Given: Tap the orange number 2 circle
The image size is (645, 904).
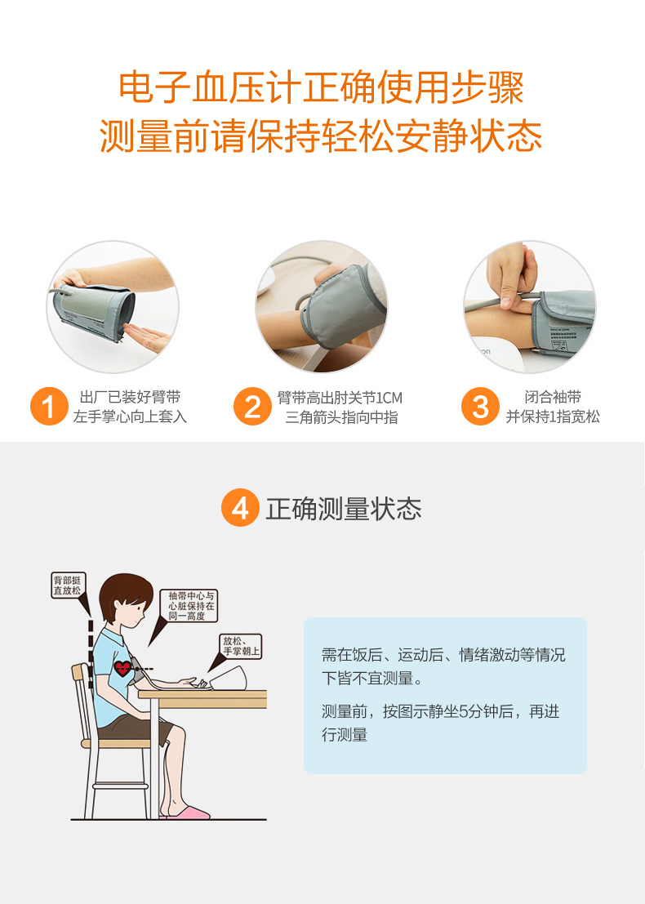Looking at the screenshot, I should (x=252, y=407).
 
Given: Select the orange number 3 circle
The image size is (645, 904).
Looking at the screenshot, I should (x=480, y=407).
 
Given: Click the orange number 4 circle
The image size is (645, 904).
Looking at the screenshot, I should (x=240, y=508).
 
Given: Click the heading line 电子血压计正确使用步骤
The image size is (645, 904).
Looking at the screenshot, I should (x=322, y=88).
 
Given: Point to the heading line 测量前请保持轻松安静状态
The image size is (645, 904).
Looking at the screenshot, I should (x=322, y=136).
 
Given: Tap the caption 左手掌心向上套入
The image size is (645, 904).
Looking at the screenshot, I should (x=130, y=417).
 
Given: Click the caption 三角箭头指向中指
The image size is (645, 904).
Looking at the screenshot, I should (x=340, y=417).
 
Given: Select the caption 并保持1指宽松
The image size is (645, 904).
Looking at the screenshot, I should (x=553, y=417).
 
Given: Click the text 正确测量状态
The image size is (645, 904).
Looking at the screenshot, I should (x=344, y=509).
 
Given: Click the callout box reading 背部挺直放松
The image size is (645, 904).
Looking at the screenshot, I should (x=68, y=585).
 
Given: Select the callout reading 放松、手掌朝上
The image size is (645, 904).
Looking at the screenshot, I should (x=241, y=646).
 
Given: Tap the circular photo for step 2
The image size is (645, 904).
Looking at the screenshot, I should (x=322, y=307).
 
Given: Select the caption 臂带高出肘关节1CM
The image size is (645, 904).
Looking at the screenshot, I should (x=340, y=398).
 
